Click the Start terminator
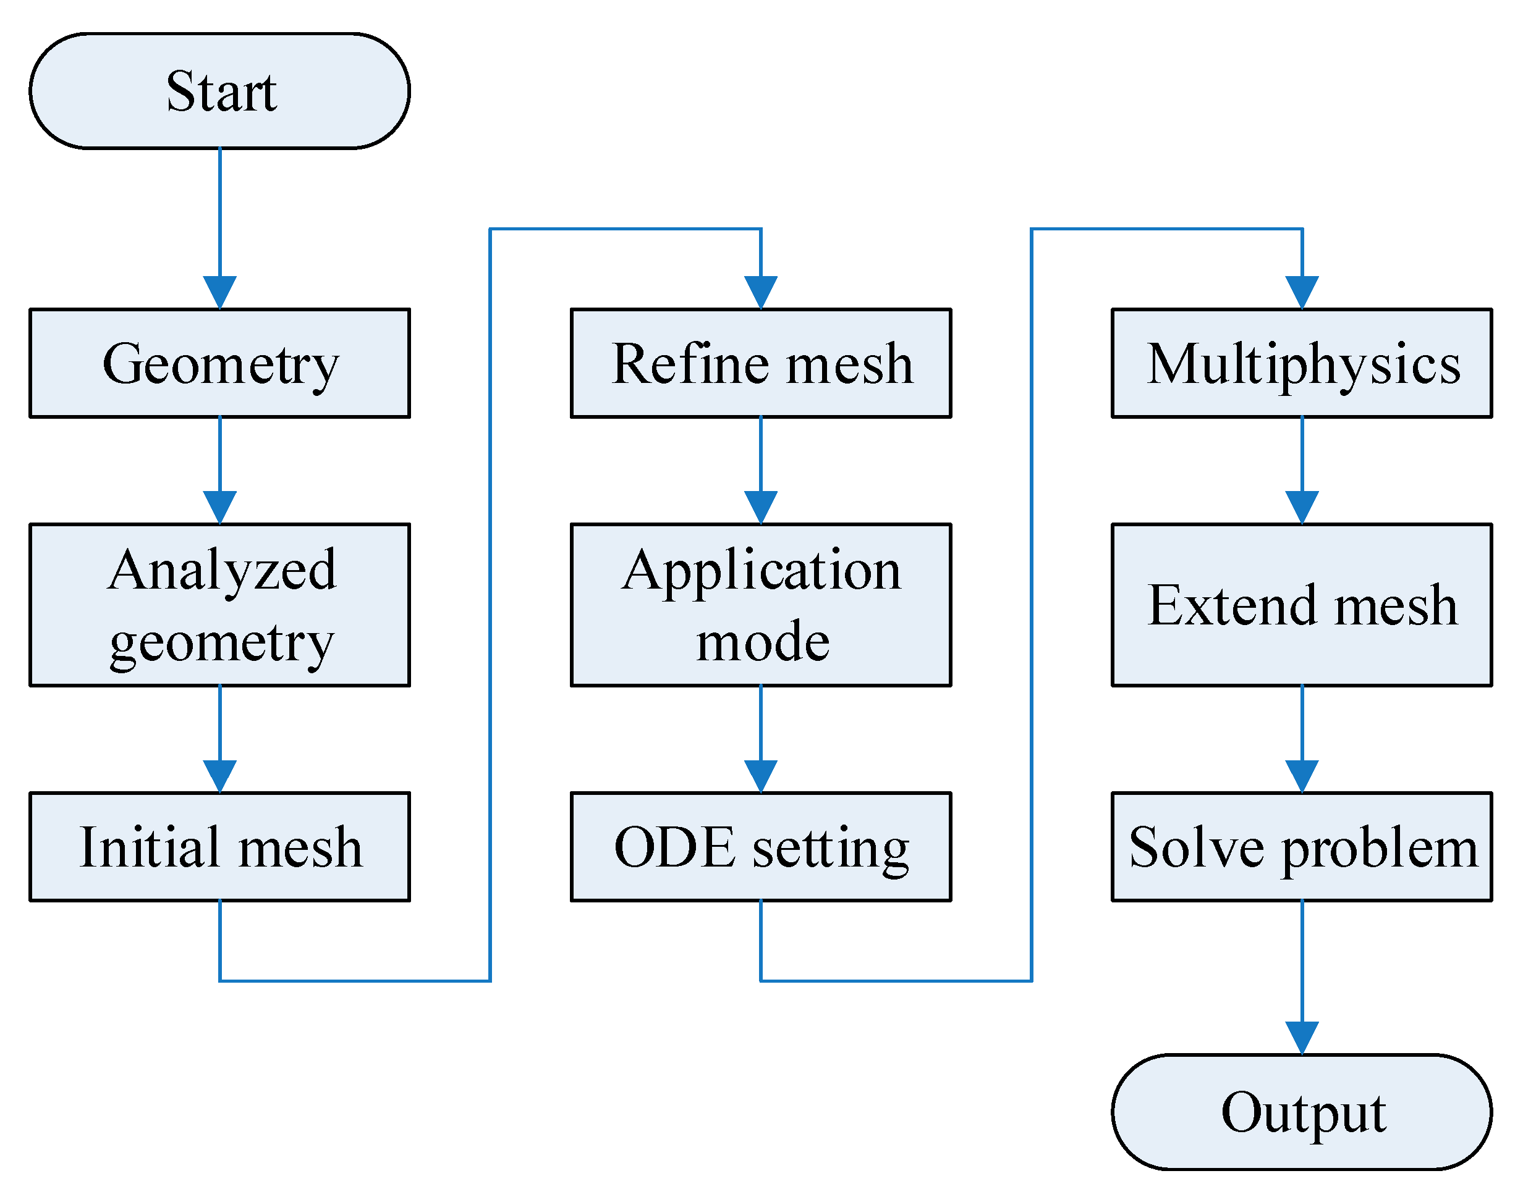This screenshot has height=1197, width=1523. point(219,91)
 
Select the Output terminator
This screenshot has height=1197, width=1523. point(1302,1112)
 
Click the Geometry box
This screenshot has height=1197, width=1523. point(219,363)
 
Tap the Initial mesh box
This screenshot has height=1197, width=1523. point(219,847)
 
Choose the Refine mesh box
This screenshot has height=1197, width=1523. point(761,363)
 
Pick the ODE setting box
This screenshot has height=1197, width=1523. point(761,847)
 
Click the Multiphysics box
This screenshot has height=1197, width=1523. point(1302,363)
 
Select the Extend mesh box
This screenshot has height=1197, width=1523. point(1302,605)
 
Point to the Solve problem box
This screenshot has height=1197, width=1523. point(1302,847)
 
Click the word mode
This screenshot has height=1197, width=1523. point(762,641)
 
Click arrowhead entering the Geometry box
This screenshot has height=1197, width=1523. point(219,292)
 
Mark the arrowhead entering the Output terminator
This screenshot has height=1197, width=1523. point(1302,1038)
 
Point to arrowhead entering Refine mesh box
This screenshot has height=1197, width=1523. point(761,292)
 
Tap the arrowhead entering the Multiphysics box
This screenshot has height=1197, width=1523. point(1302,292)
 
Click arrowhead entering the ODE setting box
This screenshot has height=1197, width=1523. point(761,776)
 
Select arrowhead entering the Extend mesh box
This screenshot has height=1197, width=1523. point(1302,507)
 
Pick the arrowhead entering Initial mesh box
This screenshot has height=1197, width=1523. point(219,776)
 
